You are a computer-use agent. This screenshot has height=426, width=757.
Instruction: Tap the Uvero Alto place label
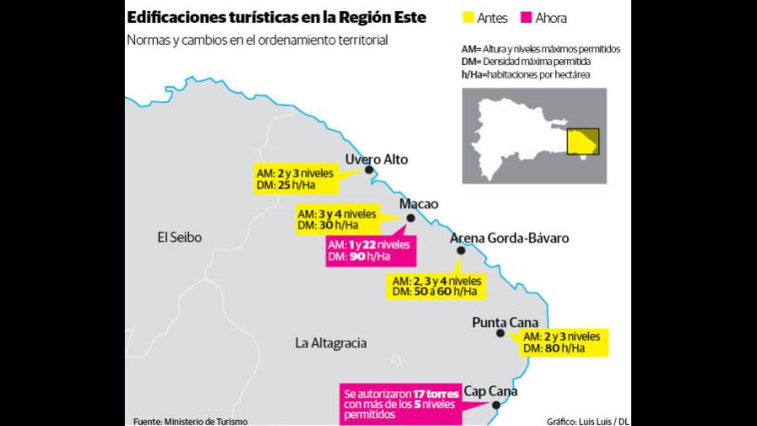377,159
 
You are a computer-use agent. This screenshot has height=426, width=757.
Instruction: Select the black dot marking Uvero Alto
368,171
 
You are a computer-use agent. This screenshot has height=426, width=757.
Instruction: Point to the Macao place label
418,205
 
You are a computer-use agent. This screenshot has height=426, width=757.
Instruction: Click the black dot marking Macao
411,218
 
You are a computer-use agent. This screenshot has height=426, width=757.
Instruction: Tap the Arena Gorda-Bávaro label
509,238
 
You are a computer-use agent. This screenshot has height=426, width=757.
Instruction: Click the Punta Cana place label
505,321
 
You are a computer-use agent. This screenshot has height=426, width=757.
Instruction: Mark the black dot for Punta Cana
501,333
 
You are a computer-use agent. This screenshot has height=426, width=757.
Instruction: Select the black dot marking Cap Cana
496,405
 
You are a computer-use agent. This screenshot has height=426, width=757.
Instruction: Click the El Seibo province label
179,238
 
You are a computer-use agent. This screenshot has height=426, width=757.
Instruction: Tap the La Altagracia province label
330,343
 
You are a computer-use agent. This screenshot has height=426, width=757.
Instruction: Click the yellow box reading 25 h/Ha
294,178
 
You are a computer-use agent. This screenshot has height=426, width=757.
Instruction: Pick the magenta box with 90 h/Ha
370,250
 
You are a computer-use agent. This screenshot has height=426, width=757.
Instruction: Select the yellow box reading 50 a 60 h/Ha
434,286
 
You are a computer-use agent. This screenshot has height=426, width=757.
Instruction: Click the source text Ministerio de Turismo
190,420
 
